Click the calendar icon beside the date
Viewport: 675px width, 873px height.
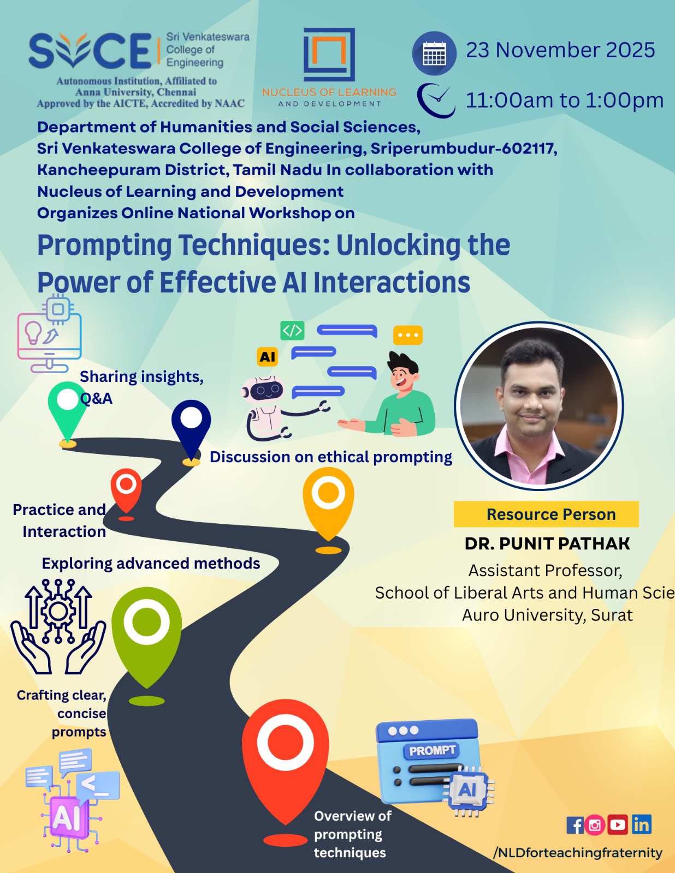[x=434, y=53]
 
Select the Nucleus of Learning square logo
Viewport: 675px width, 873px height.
[x=329, y=55]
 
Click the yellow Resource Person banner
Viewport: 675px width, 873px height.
[x=546, y=514]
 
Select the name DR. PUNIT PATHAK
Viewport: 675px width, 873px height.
[x=547, y=543]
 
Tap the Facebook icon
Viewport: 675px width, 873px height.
[x=575, y=825]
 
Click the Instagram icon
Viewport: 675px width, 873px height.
[x=595, y=825]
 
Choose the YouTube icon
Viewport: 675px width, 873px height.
[x=618, y=825]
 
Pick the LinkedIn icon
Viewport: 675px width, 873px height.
[x=641, y=825]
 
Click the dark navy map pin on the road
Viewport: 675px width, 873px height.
[x=191, y=430]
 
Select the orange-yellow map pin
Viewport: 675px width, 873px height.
[x=328, y=501]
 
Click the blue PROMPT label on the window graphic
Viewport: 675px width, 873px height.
[x=432, y=750]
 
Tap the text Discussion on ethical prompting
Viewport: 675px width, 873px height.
[x=331, y=457]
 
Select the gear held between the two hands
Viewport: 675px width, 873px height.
[x=58, y=611]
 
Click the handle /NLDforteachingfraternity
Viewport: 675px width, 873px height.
[x=578, y=852]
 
